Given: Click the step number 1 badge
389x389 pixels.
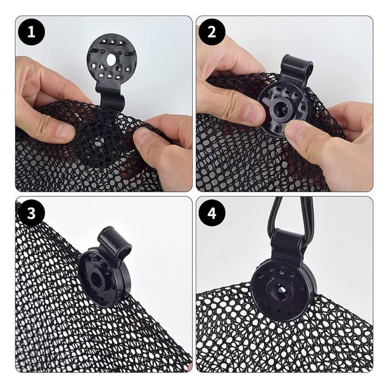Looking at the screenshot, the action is point(31,32).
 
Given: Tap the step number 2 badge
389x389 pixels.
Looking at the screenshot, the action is point(212,32).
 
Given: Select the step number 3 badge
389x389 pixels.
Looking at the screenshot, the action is point(31,213).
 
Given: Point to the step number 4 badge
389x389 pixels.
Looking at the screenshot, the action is point(212,213).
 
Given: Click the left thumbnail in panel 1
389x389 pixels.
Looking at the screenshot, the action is point(65,133).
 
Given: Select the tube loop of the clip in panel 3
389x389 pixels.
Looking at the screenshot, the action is point(115,242).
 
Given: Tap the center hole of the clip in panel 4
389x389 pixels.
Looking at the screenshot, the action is point(280,289).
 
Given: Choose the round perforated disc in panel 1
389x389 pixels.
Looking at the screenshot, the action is point(112,59).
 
